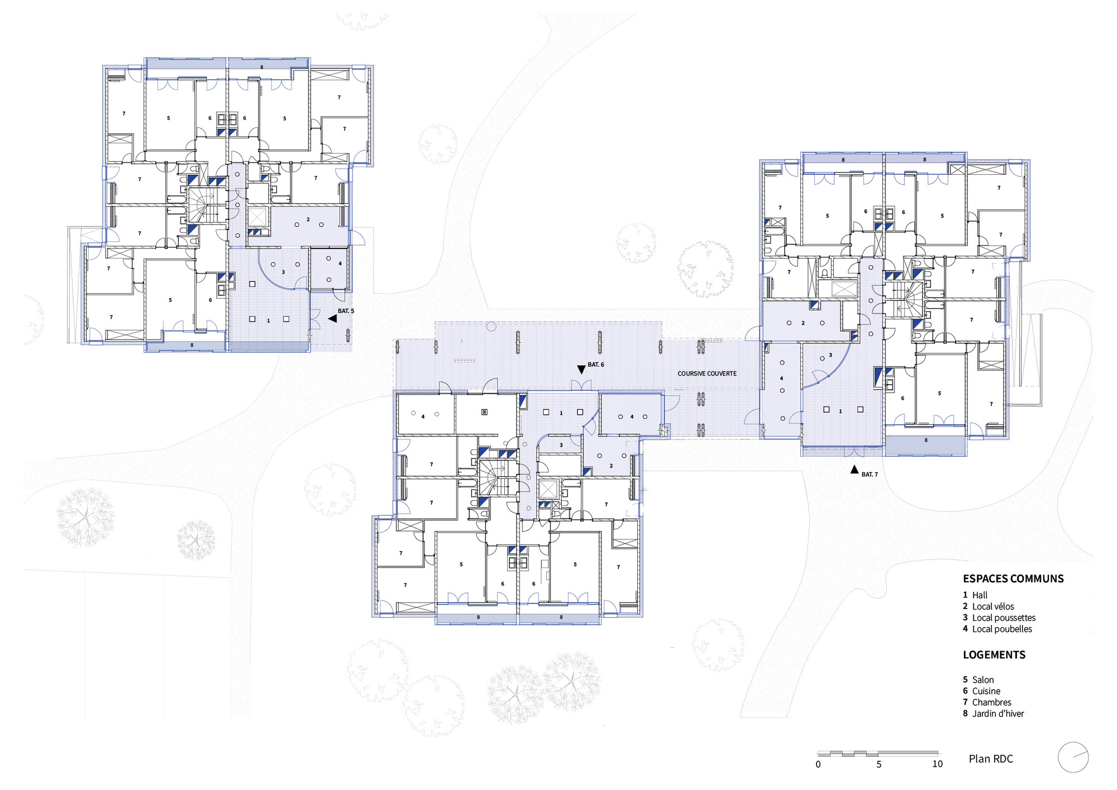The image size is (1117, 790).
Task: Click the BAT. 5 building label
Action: (346, 311)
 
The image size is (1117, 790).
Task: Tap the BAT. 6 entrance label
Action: (596, 365)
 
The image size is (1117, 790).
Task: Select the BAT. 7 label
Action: (870, 475)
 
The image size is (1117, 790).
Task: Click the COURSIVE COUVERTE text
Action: (707, 374)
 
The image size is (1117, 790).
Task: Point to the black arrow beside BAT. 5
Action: (332, 318)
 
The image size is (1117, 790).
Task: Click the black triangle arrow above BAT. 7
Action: (854, 470)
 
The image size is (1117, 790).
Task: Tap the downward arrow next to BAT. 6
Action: (581, 370)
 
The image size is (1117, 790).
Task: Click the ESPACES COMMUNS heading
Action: (1013, 579)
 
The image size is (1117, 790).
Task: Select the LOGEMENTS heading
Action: (994, 655)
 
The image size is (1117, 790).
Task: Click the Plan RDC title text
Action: (991, 759)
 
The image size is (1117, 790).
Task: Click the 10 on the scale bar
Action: (937, 764)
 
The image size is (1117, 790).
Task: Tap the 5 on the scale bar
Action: (879, 764)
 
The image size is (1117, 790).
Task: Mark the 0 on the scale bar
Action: (818, 764)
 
